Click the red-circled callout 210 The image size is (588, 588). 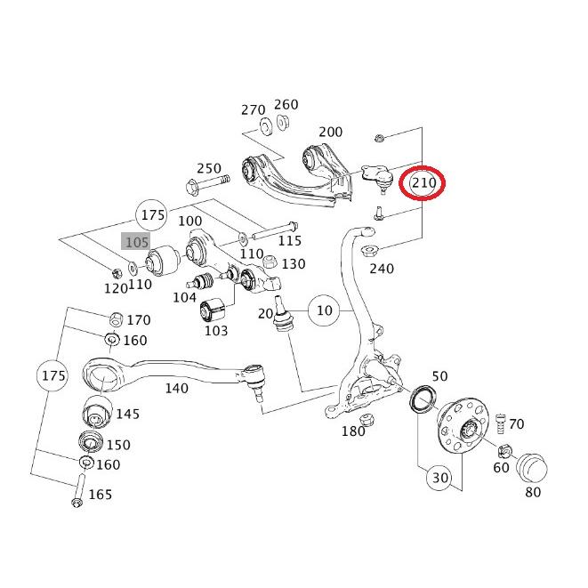423,183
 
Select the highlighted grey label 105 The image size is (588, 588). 137,242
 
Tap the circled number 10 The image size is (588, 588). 325,310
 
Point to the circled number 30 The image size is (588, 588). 440,478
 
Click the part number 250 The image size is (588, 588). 209,168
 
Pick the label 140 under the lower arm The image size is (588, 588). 177,388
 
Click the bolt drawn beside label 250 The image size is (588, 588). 207,184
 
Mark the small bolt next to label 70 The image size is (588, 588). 501,423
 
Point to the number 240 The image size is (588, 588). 382,269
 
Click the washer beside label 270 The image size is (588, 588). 266,125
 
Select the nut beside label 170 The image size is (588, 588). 116,319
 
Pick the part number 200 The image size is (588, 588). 330,132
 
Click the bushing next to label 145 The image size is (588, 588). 97,412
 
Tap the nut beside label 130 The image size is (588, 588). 270,262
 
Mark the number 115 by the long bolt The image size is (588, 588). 290,240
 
